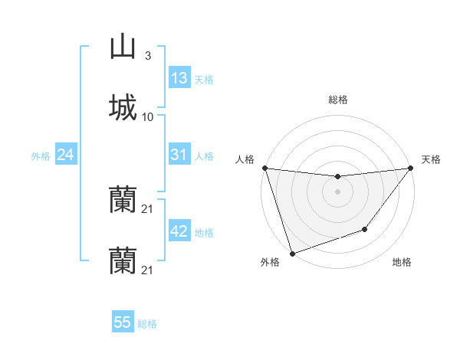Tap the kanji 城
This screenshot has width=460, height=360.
pyautogui.click(x=123, y=107)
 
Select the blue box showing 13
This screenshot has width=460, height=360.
pyautogui.click(x=179, y=78)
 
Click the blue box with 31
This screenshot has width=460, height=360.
pyautogui.click(x=179, y=155)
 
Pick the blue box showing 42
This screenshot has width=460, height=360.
pyautogui.click(x=179, y=231)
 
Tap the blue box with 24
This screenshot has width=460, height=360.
pyautogui.click(x=65, y=155)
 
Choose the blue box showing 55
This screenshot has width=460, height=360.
pyautogui.click(x=123, y=322)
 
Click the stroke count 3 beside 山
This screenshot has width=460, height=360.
pyautogui.click(x=147, y=56)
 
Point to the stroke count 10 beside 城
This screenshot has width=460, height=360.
pyautogui.click(x=148, y=117)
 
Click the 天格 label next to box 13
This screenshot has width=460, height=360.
pyautogui.click(x=203, y=79)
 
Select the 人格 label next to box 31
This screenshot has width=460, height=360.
pyautogui.click(x=203, y=155)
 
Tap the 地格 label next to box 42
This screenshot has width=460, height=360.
pyautogui.click(x=203, y=232)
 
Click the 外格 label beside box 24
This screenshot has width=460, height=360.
pyautogui.click(x=41, y=155)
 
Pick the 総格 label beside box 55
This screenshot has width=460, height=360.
pyautogui.click(x=147, y=324)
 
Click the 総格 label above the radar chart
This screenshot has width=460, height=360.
pyautogui.click(x=337, y=100)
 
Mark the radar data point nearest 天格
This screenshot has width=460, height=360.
pyautogui.click(x=410, y=169)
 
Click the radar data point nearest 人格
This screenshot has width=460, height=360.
pyautogui.click(x=264, y=168)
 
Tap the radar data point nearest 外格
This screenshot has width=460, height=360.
pyautogui.click(x=292, y=253)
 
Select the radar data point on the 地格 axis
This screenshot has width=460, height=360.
pyautogui.click(x=366, y=229)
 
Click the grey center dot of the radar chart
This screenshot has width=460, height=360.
pyautogui.click(x=337, y=191)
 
